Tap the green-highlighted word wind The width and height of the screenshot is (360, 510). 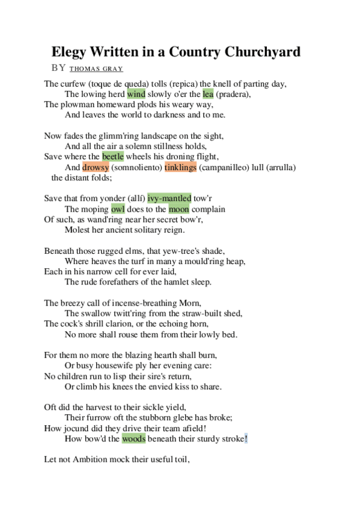coord(136,94)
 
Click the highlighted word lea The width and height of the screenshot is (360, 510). coord(208,94)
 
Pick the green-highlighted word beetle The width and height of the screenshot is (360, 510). coord(113,156)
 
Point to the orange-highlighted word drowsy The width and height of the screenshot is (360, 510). coord(96,167)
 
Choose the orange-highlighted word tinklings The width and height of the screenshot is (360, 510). coord(180,167)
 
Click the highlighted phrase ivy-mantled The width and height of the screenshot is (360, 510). coord(169,198)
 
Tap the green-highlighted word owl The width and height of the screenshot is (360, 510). coord(118,209)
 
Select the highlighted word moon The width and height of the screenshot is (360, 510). coord(178,209)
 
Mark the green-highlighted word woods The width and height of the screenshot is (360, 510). coord(133,439)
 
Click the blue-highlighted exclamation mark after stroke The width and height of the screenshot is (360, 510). coord(246,439)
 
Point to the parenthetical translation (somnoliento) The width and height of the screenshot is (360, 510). coord(136,167)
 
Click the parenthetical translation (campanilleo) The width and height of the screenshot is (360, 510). coord(222,167)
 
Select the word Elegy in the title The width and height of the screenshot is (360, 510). coord(67,52)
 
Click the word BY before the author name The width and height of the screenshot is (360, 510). coord(58,68)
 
